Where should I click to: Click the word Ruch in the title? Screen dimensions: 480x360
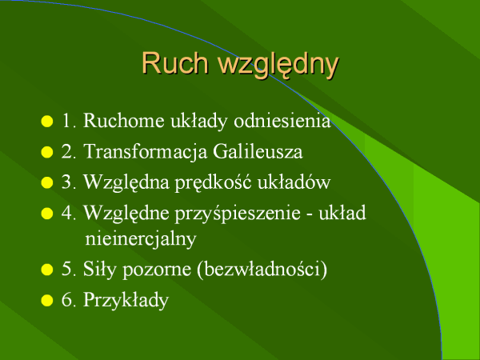pos(175,63)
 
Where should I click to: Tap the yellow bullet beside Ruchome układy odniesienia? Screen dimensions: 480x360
pos(47,121)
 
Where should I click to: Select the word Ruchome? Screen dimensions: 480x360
pos(124,120)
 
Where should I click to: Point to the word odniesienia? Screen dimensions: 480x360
pos(282,120)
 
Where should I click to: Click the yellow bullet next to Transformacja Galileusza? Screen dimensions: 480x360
pos(47,152)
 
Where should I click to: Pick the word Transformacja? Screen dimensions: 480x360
pos(146,152)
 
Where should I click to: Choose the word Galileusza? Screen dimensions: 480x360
pos(258,151)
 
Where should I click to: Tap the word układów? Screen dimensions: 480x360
pos(294,182)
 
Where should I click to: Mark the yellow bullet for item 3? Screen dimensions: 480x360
pos(47,182)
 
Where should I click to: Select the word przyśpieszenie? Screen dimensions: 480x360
pos(238,214)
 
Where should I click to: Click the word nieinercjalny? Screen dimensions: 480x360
pos(141,239)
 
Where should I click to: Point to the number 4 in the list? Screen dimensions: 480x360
pos(66,213)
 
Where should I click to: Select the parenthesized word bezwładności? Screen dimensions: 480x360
pos(262,270)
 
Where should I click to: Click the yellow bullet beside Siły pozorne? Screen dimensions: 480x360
pos(47,270)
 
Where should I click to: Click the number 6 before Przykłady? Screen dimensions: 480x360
pos(66,300)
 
